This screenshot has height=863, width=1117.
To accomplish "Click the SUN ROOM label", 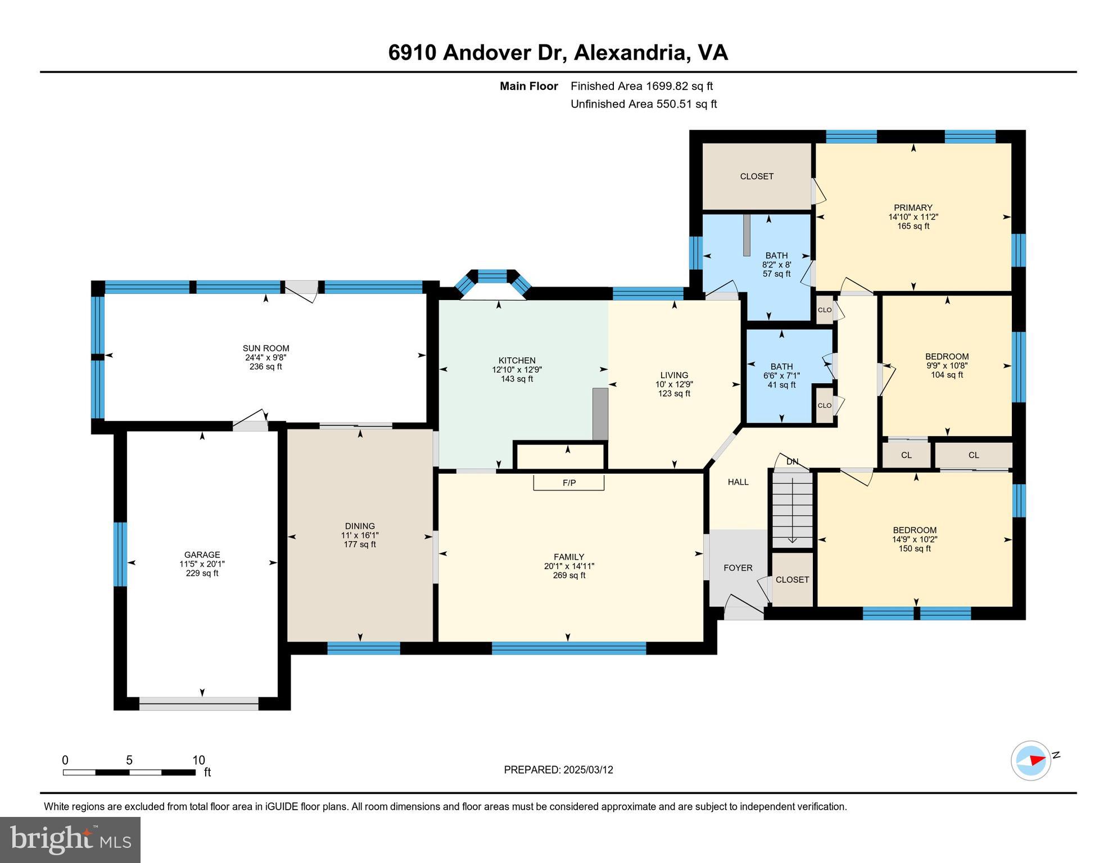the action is coord(266,348).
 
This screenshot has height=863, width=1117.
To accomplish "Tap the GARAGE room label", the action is coord(202,555).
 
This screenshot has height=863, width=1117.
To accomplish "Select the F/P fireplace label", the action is coord(569,483).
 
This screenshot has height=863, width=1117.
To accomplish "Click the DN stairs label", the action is coord(792,462).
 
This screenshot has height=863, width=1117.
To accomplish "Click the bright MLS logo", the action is coord(70,839).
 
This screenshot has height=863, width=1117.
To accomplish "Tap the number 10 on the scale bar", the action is coord(198,760).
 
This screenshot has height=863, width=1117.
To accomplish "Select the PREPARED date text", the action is coord(558,770).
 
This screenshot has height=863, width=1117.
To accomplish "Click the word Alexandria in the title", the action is coord(632,52).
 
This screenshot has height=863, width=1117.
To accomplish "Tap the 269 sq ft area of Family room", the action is coord(569,575).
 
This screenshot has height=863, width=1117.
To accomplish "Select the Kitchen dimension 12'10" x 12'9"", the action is coord(517,370).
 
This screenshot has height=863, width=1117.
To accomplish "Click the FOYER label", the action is coord(738,568).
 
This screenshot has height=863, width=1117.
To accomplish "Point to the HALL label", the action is coord(738,482).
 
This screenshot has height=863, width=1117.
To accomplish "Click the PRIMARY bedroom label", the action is coord(913,208).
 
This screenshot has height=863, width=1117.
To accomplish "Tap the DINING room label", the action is coord(360,526).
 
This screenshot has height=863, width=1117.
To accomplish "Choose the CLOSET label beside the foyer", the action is coord(792,580).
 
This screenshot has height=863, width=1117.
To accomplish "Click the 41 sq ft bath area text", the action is coord(781,385).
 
